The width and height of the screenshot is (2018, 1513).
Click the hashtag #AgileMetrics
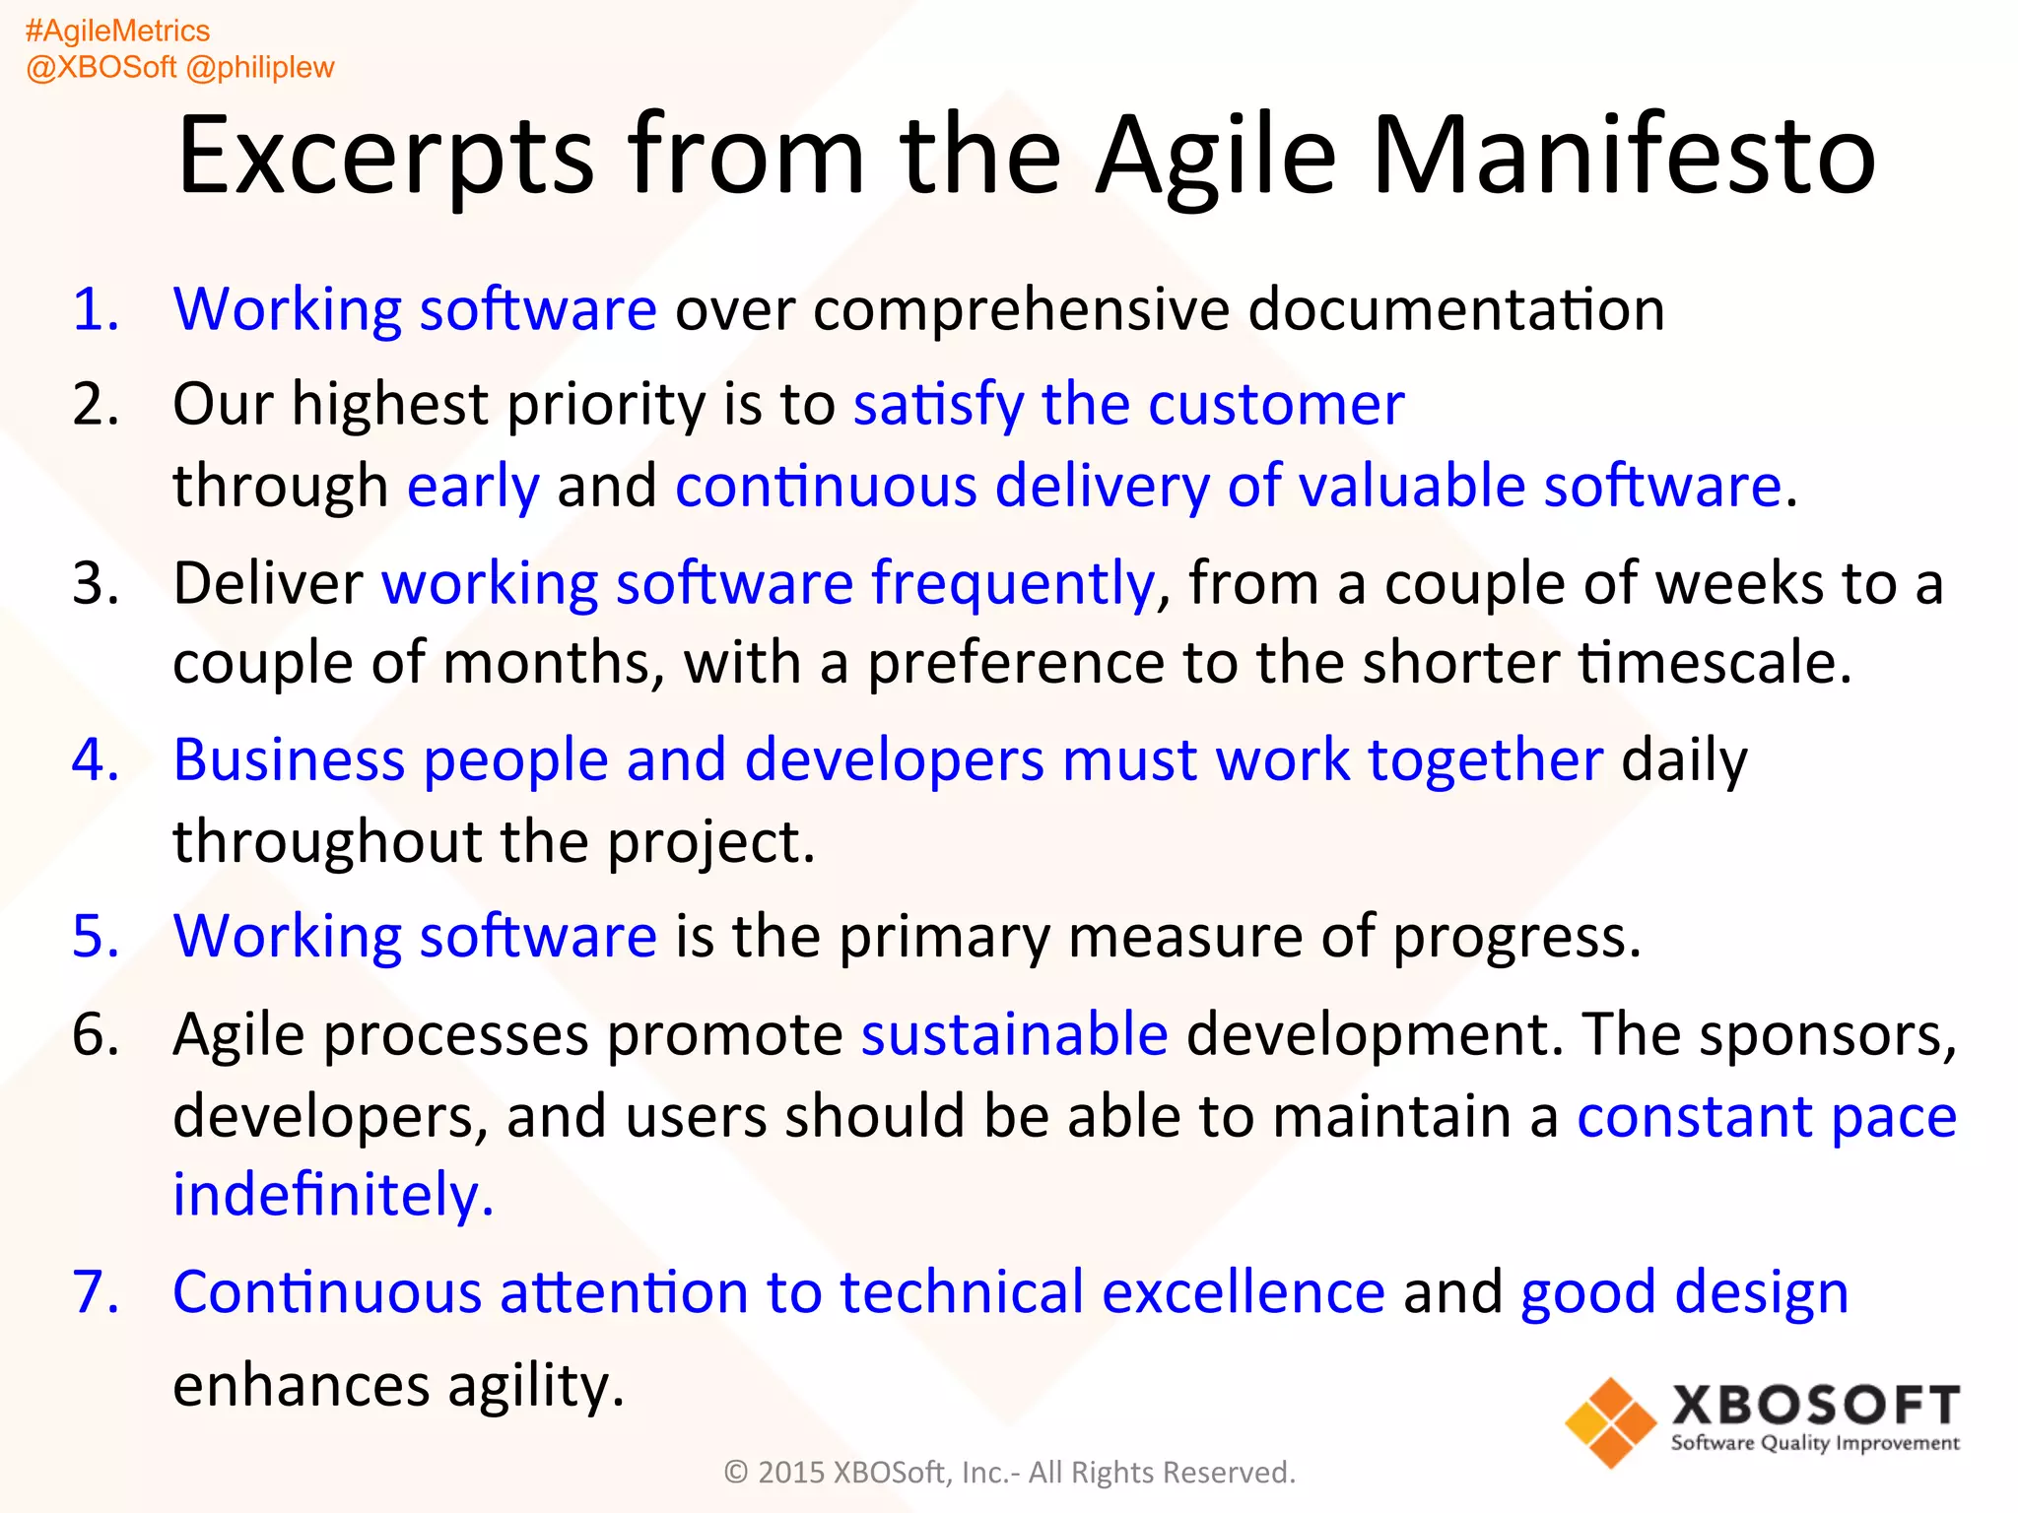pyautogui.click(x=117, y=32)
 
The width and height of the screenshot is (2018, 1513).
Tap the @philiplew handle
pyautogui.click(x=260, y=67)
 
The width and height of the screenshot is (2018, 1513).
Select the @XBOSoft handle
pyautogui.click(x=101, y=67)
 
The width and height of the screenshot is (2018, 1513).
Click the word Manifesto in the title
pyautogui.click(x=1623, y=156)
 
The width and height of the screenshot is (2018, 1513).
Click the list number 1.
pyautogui.click(x=96, y=308)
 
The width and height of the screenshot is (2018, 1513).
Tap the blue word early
pyautogui.click(x=473, y=487)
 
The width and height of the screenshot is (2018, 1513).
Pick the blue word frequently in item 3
pyautogui.click(x=1013, y=583)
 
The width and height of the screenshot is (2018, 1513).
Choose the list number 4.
pyautogui.click(x=96, y=759)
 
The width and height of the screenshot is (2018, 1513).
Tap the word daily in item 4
pyautogui.click(x=1684, y=760)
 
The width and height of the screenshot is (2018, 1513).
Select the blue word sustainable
pyautogui.click(x=1014, y=1034)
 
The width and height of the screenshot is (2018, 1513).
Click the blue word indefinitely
pyautogui.click(x=332, y=1195)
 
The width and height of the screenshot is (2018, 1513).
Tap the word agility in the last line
pyautogui.click(x=535, y=1386)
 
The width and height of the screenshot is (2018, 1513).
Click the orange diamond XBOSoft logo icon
pyautogui.click(x=1610, y=1422)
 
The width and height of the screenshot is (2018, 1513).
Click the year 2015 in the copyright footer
pyautogui.click(x=790, y=1473)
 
